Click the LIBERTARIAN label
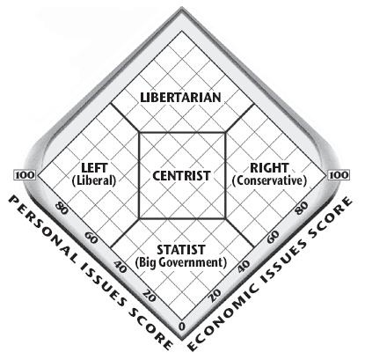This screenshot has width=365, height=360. point(180,98)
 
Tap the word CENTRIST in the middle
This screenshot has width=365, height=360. point(181,176)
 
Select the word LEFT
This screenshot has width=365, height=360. point(94,168)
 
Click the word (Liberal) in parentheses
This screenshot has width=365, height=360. point(94,180)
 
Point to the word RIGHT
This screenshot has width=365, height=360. point(269,168)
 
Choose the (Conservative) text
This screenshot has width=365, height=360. point(269,180)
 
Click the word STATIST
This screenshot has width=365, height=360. point(181,250)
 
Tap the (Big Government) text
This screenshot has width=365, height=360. point(181,262)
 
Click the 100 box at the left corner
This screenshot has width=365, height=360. point(25,175)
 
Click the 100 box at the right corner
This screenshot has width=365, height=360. point(339,175)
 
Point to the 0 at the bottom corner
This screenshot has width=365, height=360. point(182,327)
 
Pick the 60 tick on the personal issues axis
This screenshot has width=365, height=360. point(91,238)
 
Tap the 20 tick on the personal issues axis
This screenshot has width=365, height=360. point(150,297)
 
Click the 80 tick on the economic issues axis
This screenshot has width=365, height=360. point(302,208)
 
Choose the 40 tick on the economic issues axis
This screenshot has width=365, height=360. point(244,266)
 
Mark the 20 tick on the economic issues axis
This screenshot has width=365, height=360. point(215,296)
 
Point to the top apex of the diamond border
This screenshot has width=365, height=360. point(182,9)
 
